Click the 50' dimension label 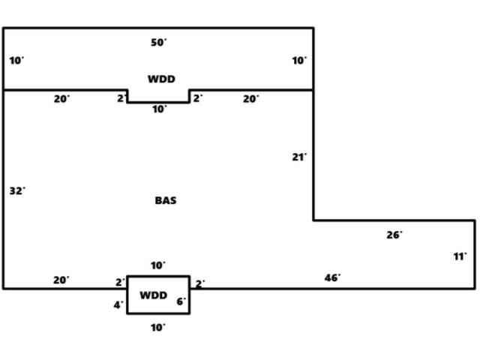(158, 43)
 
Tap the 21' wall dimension (299, 157)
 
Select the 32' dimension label (16, 191)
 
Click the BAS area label (166, 200)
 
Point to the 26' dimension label (394, 235)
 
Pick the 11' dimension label (460, 256)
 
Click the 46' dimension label (332, 278)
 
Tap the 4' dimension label (118, 305)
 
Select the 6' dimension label (181, 302)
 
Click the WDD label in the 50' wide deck (161, 79)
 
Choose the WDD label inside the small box (154, 295)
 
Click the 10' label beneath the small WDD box (158, 328)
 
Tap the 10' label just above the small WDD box (158, 265)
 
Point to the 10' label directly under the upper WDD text (160, 109)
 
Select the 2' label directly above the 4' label (120, 283)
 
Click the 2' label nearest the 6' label (200, 284)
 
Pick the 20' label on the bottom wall (61, 280)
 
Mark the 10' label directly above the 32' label (16, 61)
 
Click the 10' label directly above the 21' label (299, 61)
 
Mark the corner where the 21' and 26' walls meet (313, 220)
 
